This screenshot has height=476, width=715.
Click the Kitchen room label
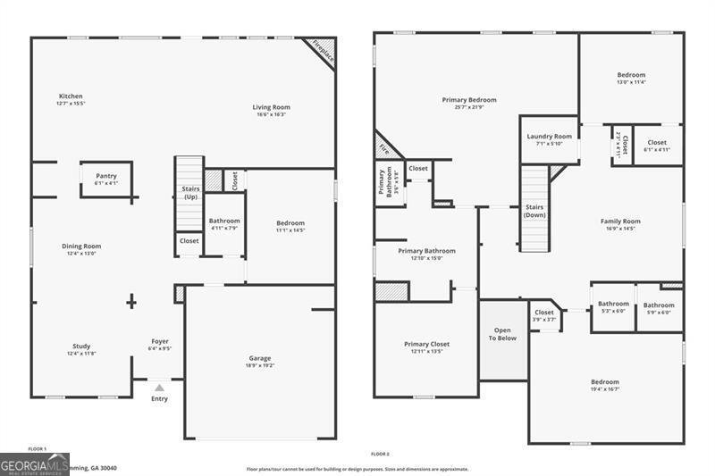click(x=71, y=96)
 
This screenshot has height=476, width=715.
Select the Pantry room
click(x=105, y=177)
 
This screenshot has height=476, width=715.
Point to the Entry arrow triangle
click(x=159, y=388)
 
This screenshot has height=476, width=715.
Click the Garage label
click(x=259, y=358)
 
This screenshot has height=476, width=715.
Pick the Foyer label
click(x=160, y=341)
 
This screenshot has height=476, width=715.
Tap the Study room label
click(x=81, y=347)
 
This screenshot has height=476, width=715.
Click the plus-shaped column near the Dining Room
click(x=131, y=302)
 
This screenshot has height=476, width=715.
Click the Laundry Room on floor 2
click(x=549, y=137)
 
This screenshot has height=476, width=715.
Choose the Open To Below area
click(x=503, y=335)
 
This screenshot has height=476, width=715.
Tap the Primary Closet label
click(x=426, y=344)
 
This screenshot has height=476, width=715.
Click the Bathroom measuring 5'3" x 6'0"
click(x=613, y=304)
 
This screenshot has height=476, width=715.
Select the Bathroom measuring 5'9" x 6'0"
click(x=659, y=305)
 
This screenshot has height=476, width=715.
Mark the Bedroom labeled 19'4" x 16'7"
click(x=604, y=381)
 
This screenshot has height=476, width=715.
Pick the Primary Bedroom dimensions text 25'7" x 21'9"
click(x=469, y=108)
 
